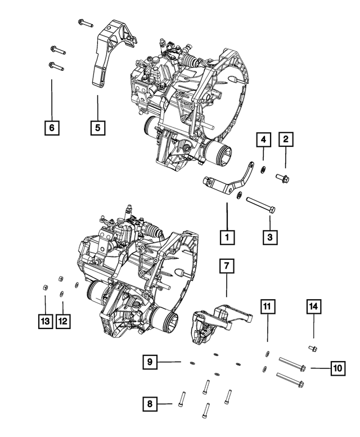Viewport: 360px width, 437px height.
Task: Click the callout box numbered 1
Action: pyautogui.click(x=227, y=237)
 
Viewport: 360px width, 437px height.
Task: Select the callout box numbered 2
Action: pyautogui.click(x=286, y=139)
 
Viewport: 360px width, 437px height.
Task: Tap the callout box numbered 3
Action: pyautogui.click(x=270, y=237)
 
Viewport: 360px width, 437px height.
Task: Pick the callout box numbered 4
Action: pyautogui.click(x=264, y=139)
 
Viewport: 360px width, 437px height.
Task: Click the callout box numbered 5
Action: pyautogui.click(x=97, y=128)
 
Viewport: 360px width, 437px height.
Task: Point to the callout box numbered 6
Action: pyautogui.click(x=51, y=128)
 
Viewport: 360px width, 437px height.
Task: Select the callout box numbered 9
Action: pyautogui.click(x=149, y=362)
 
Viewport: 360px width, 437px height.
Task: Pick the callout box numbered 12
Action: pyautogui.click(x=63, y=321)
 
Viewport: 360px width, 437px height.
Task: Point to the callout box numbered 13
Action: pyautogui.click(x=45, y=321)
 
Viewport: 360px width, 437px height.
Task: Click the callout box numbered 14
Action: pyautogui.click(x=313, y=307)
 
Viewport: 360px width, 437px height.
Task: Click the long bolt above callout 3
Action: pyautogui.click(x=260, y=204)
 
